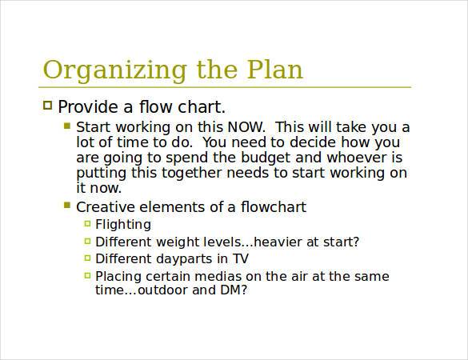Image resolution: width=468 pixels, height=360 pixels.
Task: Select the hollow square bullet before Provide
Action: (x=47, y=106)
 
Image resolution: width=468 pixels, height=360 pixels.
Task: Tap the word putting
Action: (x=102, y=173)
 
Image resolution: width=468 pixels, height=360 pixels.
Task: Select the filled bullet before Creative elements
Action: (x=67, y=206)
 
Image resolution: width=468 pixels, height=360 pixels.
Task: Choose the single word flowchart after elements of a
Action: (x=273, y=207)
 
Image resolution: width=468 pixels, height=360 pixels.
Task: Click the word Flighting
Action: (x=122, y=225)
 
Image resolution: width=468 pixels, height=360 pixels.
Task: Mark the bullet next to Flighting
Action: (x=86, y=224)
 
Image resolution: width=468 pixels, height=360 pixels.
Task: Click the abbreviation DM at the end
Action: (x=230, y=291)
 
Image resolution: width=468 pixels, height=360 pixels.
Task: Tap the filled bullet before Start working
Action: (x=67, y=126)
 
